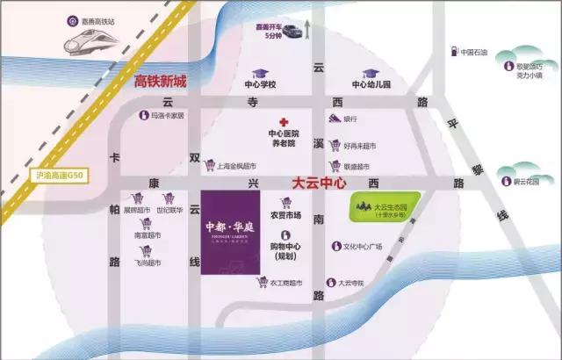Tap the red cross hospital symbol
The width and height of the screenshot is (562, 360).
click(283, 123)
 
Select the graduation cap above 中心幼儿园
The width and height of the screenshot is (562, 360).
click(369, 74)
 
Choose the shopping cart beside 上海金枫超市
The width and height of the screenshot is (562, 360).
click(209, 164)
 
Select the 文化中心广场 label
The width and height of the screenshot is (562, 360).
click(365, 247)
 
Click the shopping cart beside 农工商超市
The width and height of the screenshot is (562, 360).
click(261, 282)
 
